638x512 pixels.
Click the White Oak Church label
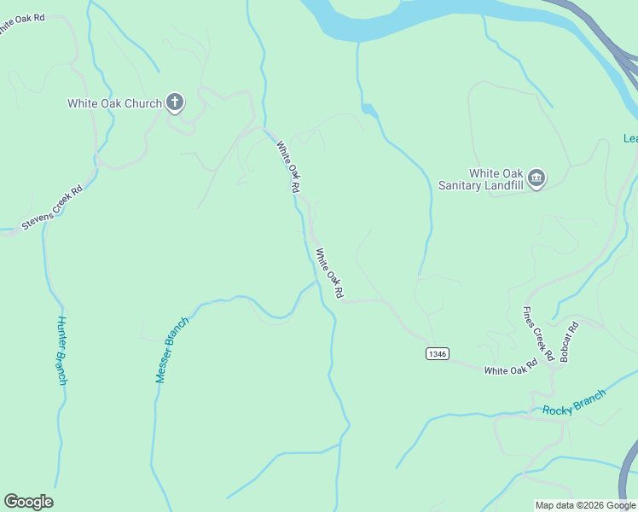(115, 104)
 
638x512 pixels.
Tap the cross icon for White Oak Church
(175, 104)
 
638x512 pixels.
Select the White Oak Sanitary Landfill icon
(536, 177)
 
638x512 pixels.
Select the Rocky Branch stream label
(574, 403)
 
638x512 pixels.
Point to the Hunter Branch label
(61, 351)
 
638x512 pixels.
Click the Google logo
(28, 502)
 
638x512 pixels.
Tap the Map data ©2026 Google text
(585, 505)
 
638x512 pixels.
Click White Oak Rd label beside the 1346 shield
(510, 369)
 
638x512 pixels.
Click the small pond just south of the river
(368, 109)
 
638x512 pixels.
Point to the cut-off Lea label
(630, 139)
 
